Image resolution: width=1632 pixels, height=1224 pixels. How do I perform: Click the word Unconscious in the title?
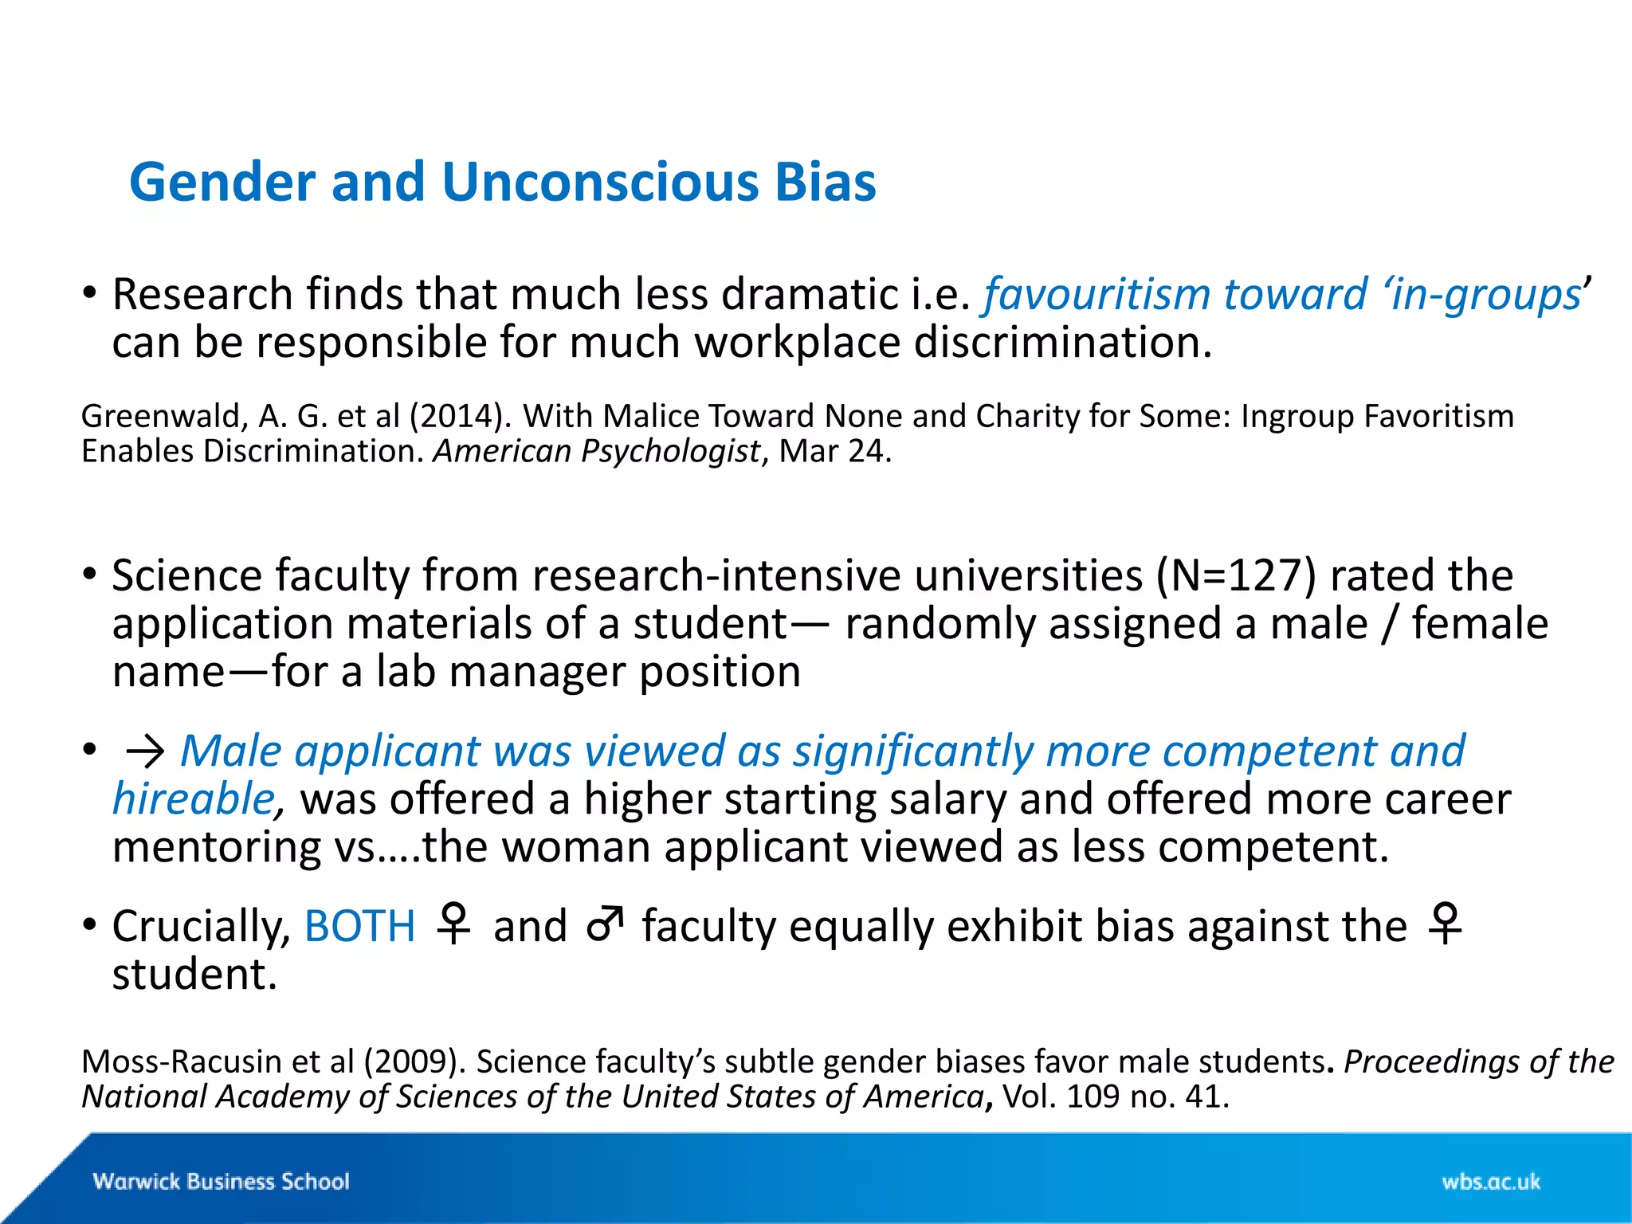(x=599, y=182)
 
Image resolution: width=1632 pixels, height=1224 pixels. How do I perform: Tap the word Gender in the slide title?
(x=222, y=182)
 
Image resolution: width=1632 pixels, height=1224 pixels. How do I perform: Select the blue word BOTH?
(x=360, y=926)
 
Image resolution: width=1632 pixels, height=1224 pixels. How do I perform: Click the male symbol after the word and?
(x=605, y=924)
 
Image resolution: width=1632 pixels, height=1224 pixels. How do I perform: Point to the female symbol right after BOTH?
(x=454, y=924)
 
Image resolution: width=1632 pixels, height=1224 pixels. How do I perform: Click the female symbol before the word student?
(x=1446, y=924)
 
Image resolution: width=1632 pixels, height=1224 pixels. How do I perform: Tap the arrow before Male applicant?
(x=145, y=752)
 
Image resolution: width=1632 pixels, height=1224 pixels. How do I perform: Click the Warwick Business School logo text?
(x=222, y=1181)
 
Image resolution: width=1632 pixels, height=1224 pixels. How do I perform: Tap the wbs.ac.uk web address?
(x=1491, y=1181)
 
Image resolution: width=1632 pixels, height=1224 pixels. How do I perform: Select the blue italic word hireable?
(x=194, y=799)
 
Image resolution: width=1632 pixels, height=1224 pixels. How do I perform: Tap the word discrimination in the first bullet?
(x=1062, y=343)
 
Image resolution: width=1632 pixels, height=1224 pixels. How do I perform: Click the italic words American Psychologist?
(x=597, y=452)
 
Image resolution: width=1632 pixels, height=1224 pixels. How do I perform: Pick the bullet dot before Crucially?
(x=89, y=925)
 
